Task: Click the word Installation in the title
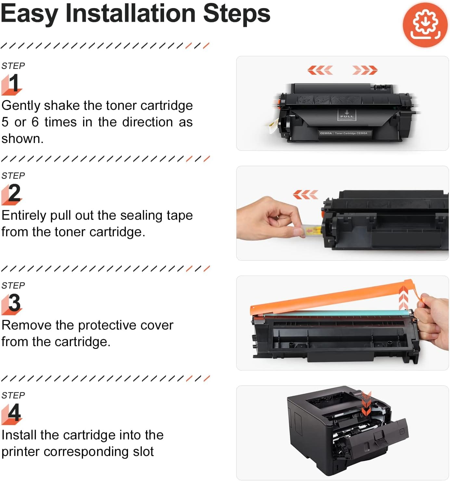(x=131, y=14)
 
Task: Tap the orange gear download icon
(x=425, y=25)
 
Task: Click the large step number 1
(x=14, y=83)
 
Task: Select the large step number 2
(x=14, y=193)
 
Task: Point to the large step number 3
(x=14, y=303)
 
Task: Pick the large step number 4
(x=14, y=412)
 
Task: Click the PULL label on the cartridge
(x=347, y=115)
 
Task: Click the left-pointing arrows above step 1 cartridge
(x=320, y=70)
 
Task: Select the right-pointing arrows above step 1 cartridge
(x=365, y=70)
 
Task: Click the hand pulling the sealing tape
(x=270, y=218)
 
